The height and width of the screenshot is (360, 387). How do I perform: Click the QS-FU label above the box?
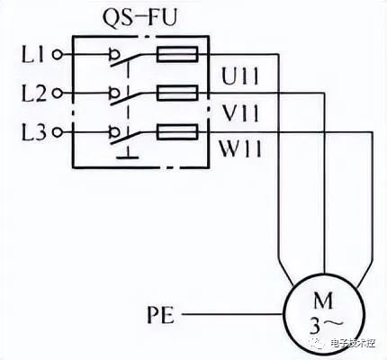click(139, 19)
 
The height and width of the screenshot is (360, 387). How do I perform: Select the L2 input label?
click(34, 93)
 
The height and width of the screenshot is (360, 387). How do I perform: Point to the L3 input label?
click(34, 132)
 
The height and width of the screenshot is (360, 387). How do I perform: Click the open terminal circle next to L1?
click(57, 55)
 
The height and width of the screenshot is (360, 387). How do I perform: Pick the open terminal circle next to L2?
click(57, 94)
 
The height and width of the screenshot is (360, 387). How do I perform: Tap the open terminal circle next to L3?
click(57, 132)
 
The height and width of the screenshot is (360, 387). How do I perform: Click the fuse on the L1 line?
click(177, 54)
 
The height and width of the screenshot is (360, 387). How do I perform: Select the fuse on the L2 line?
click(177, 93)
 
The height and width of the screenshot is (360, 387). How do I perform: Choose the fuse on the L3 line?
click(177, 132)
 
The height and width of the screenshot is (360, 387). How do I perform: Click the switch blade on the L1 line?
click(125, 60)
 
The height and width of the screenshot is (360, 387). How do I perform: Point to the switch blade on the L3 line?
click(125, 138)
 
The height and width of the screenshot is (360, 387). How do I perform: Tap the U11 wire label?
click(239, 76)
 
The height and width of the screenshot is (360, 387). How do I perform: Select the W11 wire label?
click(240, 148)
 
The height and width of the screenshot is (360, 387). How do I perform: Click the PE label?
click(161, 314)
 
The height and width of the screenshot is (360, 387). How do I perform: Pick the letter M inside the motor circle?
click(323, 300)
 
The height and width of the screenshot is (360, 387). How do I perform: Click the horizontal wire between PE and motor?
click(232, 314)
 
